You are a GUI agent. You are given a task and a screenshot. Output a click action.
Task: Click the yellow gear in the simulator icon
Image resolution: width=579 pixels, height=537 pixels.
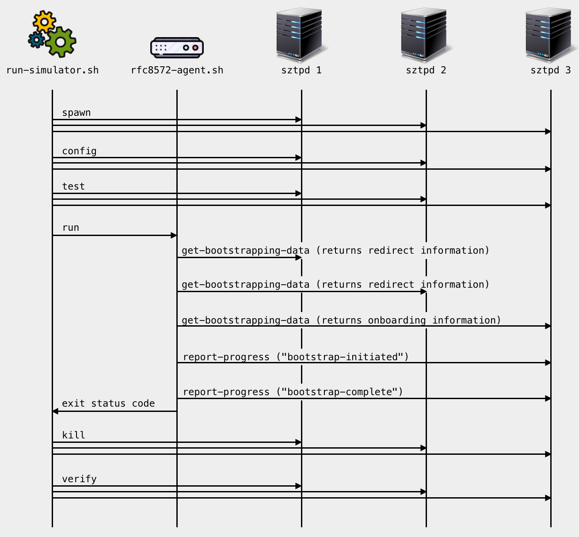click(x=44, y=21)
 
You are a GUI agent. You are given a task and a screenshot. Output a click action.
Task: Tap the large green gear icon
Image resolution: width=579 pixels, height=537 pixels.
click(x=61, y=42)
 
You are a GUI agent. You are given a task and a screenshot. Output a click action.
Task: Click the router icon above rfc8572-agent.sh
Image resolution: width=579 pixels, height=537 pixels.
click(x=177, y=48)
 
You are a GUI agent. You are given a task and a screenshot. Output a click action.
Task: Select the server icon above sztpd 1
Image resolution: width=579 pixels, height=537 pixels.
click(x=301, y=34)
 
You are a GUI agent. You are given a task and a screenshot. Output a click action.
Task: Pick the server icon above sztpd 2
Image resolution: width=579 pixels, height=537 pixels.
click(x=425, y=34)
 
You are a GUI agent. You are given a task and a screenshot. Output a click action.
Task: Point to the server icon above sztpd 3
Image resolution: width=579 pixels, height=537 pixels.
click(x=550, y=34)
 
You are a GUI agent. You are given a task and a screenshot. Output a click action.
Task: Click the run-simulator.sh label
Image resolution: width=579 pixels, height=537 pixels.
click(x=53, y=70)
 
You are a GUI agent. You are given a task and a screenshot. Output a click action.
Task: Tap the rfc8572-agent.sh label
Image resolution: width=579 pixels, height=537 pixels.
click(x=177, y=70)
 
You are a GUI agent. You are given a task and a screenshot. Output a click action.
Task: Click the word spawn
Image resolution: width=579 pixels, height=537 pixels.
click(x=76, y=113)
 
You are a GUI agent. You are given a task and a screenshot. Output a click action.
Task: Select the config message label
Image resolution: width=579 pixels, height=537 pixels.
click(x=79, y=151)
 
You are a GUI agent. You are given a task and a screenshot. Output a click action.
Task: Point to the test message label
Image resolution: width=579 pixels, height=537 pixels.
click(x=73, y=187)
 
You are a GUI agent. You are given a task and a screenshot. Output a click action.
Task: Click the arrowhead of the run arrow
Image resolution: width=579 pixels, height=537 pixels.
click(x=174, y=235)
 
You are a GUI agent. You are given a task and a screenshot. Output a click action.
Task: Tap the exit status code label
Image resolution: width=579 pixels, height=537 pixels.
click(x=108, y=404)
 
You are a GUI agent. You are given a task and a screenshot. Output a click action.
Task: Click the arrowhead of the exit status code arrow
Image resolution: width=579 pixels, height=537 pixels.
click(x=55, y=411)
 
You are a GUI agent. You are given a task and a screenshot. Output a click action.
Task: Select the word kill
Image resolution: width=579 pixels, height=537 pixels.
click(x=73, y=435)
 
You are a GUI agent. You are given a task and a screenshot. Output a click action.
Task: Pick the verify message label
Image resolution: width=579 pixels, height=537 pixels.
click(x=79, y=479)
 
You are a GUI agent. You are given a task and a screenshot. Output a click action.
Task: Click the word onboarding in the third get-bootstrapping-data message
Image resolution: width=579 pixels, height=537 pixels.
click(x=397, y=320)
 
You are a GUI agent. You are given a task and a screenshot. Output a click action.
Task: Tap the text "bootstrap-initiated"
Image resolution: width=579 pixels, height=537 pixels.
click(x=343, y=357)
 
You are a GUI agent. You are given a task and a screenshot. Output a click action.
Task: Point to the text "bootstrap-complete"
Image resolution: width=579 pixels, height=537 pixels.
click(x=339, y=392)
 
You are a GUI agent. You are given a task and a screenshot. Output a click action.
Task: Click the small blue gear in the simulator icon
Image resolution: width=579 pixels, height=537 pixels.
click(x=36, y=40)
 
